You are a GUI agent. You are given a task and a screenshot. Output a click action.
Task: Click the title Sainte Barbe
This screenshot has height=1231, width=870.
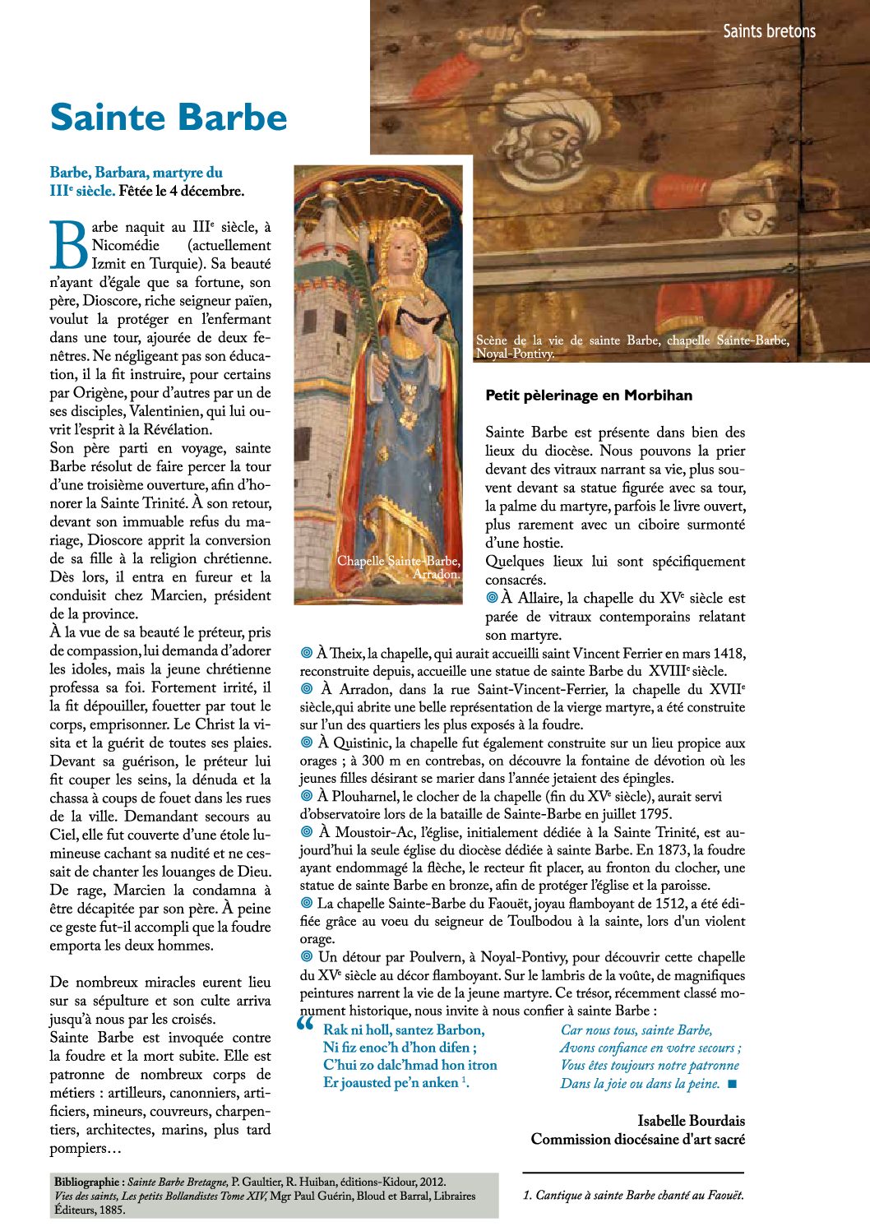169,118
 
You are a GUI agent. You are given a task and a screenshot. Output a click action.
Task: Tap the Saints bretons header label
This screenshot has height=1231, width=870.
769,31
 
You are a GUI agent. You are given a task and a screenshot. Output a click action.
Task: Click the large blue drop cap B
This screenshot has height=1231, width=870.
68,245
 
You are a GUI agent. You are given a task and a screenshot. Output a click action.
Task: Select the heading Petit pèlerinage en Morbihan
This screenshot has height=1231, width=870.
589,396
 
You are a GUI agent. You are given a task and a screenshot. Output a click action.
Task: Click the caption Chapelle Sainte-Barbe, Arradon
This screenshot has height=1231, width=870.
399,567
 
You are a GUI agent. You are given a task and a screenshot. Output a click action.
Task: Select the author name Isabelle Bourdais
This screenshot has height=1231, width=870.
691,1121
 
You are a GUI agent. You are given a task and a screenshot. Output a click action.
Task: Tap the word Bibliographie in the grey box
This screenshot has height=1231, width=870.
89,1182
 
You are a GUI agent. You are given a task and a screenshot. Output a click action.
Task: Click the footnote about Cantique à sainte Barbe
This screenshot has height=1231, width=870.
633,1196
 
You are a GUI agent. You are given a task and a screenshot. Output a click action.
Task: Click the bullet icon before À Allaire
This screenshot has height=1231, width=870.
492,598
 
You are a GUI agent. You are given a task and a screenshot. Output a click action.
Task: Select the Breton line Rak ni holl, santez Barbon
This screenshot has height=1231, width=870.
404,1030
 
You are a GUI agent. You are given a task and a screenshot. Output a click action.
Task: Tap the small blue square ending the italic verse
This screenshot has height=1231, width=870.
733,1084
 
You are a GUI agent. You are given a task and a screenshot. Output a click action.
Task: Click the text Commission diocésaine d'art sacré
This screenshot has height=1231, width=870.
637,1140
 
